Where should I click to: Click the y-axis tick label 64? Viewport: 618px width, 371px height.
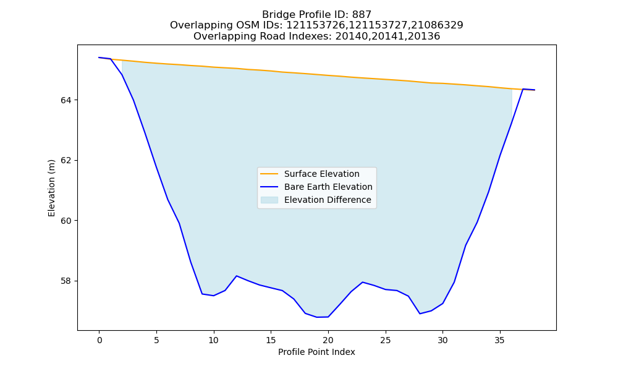[x=66, y=101]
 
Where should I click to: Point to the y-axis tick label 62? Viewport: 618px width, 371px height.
[x=66, y=161]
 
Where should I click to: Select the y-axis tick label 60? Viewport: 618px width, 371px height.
[x=66, y=221]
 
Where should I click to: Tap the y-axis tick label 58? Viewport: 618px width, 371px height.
[x=66, y=281]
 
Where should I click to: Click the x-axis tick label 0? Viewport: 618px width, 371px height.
[x=99, y=340]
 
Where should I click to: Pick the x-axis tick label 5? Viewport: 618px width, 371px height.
[x=156, y=340]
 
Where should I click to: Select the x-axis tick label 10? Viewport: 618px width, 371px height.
[x=214, y=340]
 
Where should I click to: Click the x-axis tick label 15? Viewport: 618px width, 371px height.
[x=271, y=340]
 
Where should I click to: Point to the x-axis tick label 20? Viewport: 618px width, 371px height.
[x=328, y=340]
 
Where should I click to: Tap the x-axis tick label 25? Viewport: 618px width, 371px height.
[x=386, y=340]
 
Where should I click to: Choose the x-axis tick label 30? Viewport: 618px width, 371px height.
[x=442, y=340]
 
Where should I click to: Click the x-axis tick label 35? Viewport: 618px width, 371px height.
[x=500, y=340]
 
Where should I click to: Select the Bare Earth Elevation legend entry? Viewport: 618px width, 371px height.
[x=316, y=187]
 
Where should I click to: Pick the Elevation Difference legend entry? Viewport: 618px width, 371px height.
[x=316, y=200]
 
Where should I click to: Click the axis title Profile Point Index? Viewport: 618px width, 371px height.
[x=316, y=352]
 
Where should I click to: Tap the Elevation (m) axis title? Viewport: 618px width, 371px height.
[x=51, y=188]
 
